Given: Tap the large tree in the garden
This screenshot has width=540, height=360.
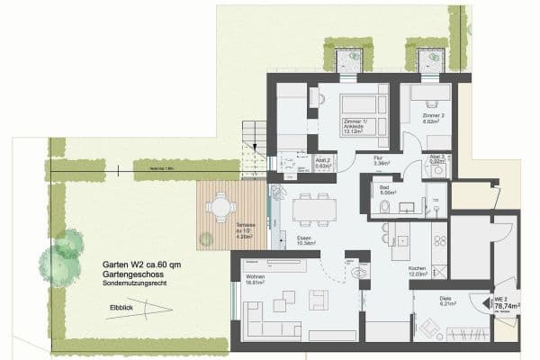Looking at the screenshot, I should [59, 262].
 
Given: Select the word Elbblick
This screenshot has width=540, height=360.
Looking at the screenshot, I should [121, 306].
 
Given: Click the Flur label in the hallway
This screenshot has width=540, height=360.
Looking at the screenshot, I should [381, 159].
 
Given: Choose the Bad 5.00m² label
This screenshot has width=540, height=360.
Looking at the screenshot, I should [388, 191].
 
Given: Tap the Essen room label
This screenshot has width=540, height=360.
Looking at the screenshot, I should [303, 239].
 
